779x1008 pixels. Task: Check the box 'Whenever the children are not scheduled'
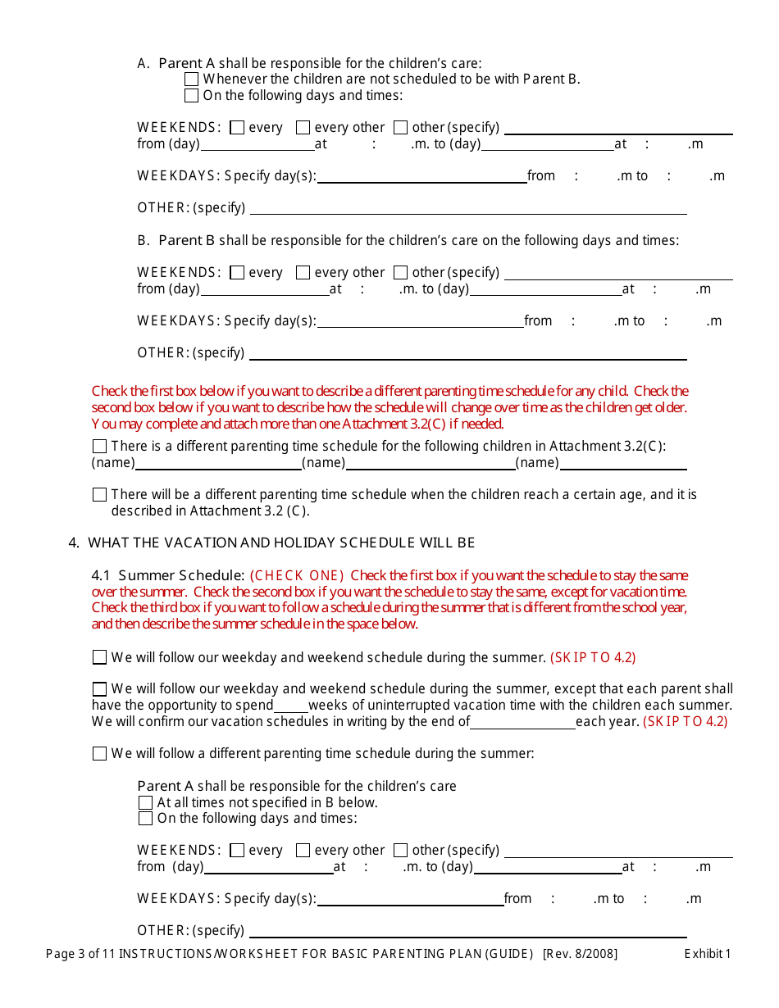click(x=191, y=79)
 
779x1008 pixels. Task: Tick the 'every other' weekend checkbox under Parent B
click(x=303, y=272)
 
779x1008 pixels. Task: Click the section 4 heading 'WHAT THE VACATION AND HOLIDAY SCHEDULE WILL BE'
click(x=281, y=543)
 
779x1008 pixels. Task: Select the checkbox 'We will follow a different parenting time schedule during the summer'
click(x=99, y=753)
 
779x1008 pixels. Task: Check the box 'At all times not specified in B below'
click(x=145, y=802)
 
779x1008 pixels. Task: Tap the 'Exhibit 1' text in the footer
click(x=707, y=953)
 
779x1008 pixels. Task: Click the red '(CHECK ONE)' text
click(x=297, y=575)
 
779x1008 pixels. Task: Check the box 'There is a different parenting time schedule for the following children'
click(x=99, y=447)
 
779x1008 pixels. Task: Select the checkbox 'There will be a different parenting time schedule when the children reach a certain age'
click(x=99, y=495)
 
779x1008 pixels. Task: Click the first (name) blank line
click(x=218, y=464)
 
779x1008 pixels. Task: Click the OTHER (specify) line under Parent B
click(x=467, y=354)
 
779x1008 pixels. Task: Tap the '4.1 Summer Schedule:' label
click(x=168, y=575)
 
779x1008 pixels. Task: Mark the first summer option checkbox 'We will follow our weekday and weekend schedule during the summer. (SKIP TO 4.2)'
click(x=99, y=657)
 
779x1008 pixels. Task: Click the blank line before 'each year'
click(x=522, y=723)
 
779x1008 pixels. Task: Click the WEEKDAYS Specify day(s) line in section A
click(x=421, y=177)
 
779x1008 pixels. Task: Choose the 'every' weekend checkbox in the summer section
click(x=237, y=851)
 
